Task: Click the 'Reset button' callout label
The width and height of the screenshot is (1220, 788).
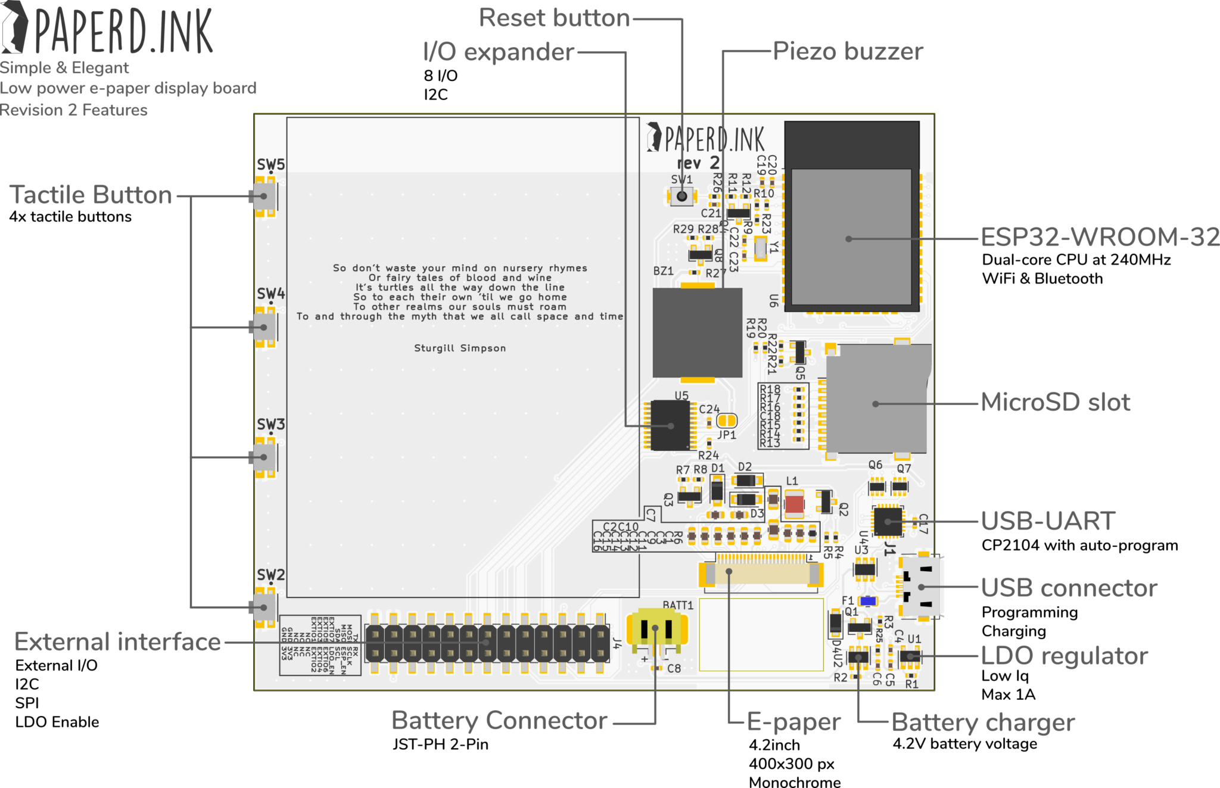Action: click(x=554, y=18)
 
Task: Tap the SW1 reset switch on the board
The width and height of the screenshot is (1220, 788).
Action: click(x=682, y=196)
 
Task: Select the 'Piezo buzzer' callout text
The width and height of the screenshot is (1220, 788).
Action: click(x=848, y=51)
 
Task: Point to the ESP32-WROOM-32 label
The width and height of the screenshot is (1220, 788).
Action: click(x=1099, y=237)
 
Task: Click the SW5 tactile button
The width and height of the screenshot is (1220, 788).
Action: click(x=264, y=196)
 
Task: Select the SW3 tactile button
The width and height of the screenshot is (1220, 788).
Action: click(x=264, y=457)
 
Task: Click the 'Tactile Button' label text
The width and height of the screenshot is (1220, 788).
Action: click(x=91, y=195)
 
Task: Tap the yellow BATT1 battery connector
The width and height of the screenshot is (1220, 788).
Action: click(x=657, y=630)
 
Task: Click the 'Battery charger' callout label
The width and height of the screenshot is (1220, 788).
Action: click(x=983, y=722)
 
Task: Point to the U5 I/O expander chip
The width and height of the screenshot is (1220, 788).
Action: click(x=670, y=425)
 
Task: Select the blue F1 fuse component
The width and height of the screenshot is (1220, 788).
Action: click(x=868, y=601)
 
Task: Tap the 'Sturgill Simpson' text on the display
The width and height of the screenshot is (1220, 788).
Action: click(x=460, y=348)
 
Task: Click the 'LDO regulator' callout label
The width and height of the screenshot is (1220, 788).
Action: click(x=1064, y=656)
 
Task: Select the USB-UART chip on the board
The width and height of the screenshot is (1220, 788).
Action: click(x=888, y=521)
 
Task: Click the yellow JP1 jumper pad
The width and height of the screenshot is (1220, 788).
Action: click(x=726, y=421)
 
